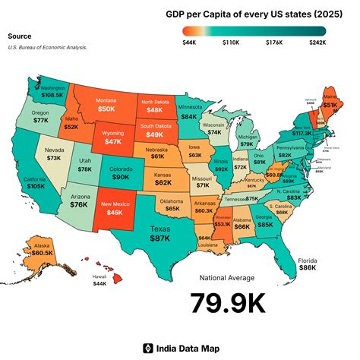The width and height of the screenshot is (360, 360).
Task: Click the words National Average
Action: point(228,277)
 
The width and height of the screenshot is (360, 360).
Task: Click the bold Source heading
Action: point(20,36)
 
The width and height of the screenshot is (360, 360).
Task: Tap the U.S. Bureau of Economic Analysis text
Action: point(47,47)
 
